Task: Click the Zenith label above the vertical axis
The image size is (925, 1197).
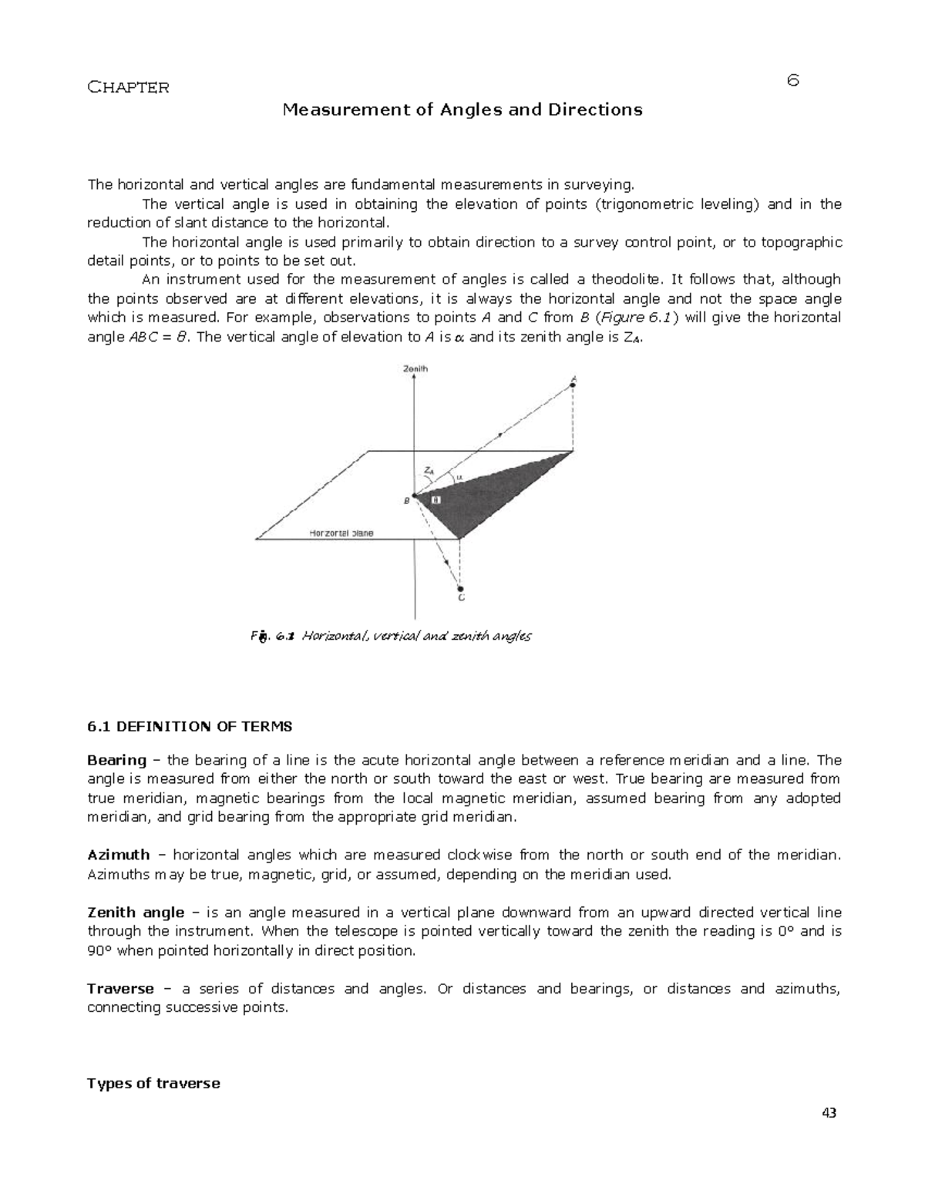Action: coord(415,369)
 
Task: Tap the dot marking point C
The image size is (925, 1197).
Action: coord(460,585)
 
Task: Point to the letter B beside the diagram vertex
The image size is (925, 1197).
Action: coord(407,501)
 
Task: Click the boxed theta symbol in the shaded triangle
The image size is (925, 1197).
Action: coord(436,499)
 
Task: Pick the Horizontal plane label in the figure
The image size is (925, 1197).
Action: coord(341,533)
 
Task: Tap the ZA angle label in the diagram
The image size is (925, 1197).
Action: coord(429,470)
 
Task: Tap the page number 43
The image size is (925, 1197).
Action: coord(829,1113)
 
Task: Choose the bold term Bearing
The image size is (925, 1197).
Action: coord(116,760)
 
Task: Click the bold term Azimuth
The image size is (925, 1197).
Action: coord(119,855)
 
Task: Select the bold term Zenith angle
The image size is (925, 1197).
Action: coord(136,913)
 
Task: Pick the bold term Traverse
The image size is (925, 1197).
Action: coord(120,988)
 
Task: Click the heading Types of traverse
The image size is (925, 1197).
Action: coord(153,1084)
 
